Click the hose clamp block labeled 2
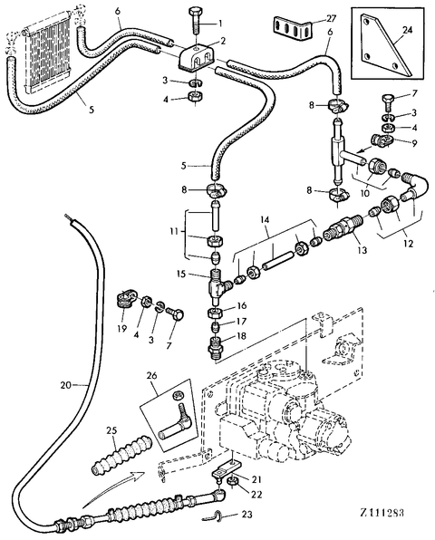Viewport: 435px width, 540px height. click(197, 56)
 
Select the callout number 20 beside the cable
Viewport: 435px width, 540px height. click(66, 385)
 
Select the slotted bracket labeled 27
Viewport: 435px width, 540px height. click(292, 27)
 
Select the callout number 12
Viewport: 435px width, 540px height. click(408, 244)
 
